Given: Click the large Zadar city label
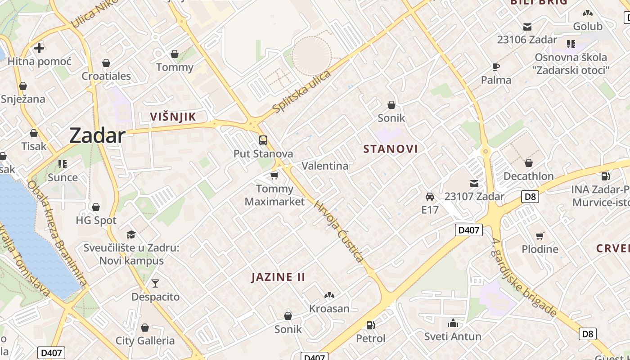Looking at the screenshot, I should point(97,135).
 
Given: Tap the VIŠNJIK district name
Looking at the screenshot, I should point(173,117).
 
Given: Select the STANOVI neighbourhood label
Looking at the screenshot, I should point(391,149).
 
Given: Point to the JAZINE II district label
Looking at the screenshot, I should point(278,277).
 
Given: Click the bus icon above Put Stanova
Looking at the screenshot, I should point(263,140).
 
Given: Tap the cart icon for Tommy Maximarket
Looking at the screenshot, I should point(274,175).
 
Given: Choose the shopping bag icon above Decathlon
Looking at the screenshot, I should point(529,163).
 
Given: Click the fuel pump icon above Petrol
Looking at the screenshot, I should point(371,325).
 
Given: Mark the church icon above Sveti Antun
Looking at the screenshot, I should point(453,323).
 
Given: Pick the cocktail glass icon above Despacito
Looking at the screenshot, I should point(155,283).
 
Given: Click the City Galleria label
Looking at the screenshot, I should point(145,341).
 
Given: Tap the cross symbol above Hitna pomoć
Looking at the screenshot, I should point(39,48).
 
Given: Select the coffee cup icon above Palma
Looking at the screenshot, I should point(496,67).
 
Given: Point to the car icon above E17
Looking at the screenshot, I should point(430,197).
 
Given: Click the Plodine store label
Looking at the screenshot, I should point(540,249).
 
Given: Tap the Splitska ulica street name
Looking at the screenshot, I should point(301,91).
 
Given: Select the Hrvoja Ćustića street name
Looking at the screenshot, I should point(338,231).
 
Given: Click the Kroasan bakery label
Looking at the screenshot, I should point(329,309).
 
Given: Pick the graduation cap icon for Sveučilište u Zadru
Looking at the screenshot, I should point(131,234).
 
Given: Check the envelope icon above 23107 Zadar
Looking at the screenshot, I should point(474,183).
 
